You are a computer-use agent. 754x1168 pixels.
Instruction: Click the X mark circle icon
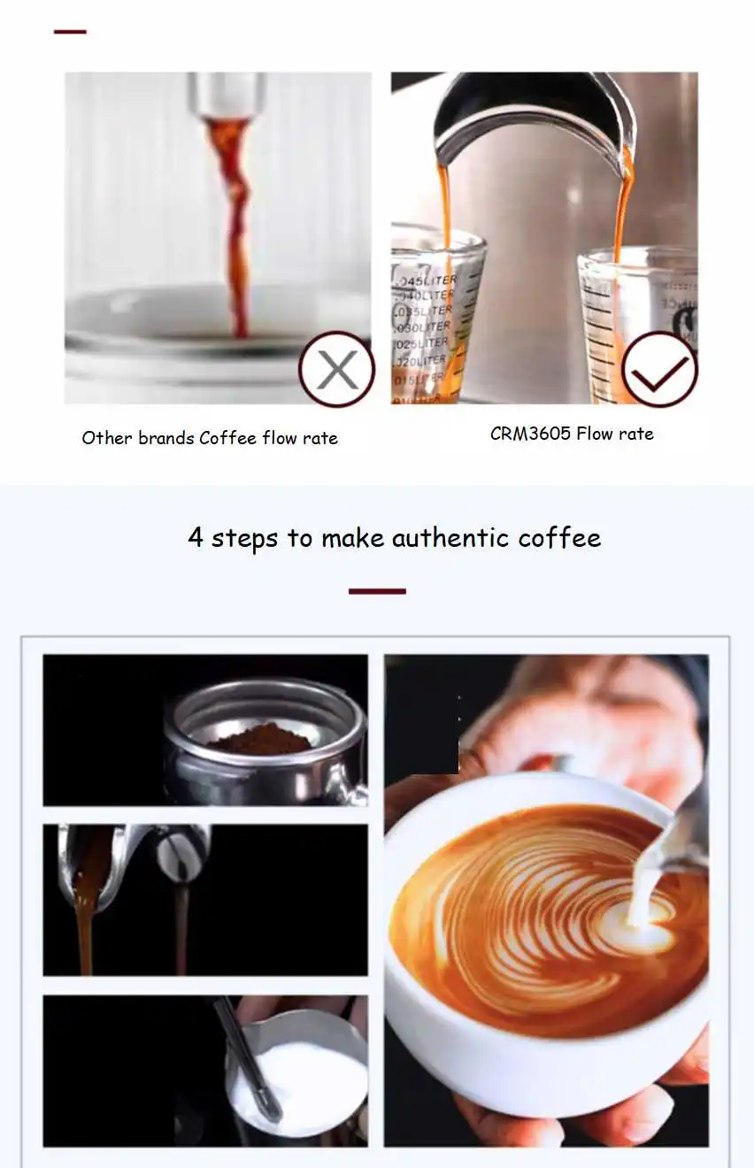336,369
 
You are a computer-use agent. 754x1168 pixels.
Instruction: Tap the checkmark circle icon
659,369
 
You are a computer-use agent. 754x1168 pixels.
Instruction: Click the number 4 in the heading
196,538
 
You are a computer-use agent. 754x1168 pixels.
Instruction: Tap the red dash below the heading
377,591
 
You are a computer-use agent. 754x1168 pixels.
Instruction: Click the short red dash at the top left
70,32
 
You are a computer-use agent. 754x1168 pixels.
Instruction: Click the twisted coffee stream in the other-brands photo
235,221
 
